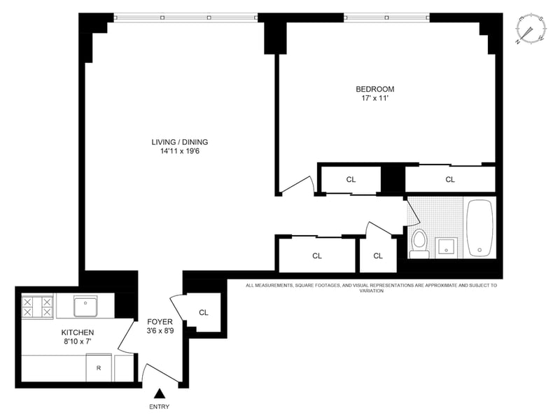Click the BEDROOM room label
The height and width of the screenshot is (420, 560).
point(375,89)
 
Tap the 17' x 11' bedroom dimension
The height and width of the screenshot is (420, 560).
point(374,98)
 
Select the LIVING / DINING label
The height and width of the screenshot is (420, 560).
point(180,142)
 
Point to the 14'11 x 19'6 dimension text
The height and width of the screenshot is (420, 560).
point(180,151)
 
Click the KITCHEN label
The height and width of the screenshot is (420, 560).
point(78,332)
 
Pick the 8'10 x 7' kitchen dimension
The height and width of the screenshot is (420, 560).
point(78,342)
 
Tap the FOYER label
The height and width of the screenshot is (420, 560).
point(160,322)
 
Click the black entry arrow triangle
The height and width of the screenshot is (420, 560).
point(160,393)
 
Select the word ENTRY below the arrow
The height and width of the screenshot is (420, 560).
point(160,407)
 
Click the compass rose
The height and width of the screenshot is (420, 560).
point(531,28)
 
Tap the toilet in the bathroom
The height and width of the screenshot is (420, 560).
point(419,244)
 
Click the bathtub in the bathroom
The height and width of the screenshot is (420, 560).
point(479,228)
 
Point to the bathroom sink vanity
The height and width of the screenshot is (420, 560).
point(446,246)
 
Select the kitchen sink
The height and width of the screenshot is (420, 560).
point(85,306)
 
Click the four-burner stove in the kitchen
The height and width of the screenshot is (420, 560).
point(37,307)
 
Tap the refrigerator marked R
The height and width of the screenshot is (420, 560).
point(99,367)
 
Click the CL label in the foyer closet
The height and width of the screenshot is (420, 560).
point(204,312)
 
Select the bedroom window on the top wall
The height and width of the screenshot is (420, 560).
point(387,17)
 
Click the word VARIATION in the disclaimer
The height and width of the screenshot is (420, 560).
point(372,290)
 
